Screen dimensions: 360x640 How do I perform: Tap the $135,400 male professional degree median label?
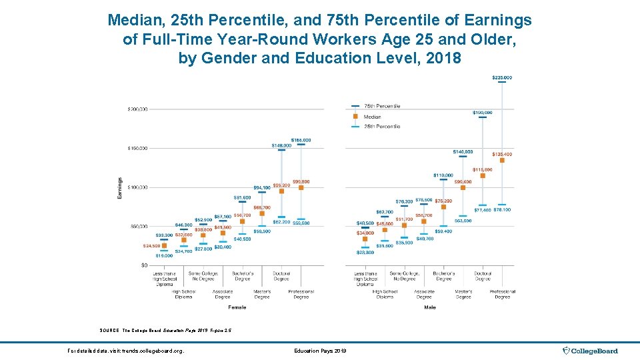[x=502, y=155]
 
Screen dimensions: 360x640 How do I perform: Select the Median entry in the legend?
[x=372, y=117]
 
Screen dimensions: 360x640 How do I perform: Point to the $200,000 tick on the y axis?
[x=138, y=109]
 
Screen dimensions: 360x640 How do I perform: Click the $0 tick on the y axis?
[x=144, y=265]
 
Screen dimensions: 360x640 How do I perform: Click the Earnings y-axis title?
[x=120, y=187]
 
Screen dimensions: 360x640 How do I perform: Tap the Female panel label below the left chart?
[x=237, y=307]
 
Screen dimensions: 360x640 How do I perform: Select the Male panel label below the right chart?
[x=430, y=307]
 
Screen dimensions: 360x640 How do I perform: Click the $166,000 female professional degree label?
[x=301, y=140]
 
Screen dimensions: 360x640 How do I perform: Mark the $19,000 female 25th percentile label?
[x=164, y=255]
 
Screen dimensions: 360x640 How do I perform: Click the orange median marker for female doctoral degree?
[x=281, y=191]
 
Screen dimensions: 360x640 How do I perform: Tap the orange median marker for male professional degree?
[x=502, y=160]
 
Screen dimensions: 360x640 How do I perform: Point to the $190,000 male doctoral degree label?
[x=483, y=113]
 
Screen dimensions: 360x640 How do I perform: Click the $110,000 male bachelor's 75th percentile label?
[x=443, y=175]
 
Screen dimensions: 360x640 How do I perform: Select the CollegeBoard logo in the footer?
[x=591, y=351]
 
